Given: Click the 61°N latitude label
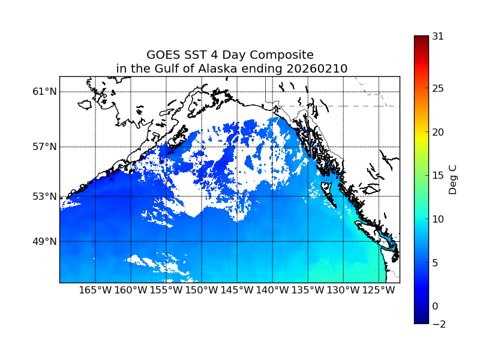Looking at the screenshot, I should (x=44, y=92).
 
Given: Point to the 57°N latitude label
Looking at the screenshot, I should (x=44, y=147).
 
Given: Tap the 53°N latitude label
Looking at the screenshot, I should (x=44, y=196).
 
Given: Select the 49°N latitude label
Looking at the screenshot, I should (x=44, y=241).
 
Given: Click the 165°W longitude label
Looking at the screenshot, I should (x=95, y=291).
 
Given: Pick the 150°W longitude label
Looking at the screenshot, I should (x=202, y=291).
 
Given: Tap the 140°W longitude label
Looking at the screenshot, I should (x=272, y=291).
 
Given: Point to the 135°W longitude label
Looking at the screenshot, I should (x=308, y=291).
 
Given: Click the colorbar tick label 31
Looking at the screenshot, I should (x=438, y=36).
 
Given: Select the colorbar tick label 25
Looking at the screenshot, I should (x=438, y=89).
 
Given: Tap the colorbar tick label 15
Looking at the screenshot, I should (x=438, y=176).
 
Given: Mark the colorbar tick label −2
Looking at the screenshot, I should (x=438, y=325).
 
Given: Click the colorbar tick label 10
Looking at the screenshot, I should (x=438, y=219).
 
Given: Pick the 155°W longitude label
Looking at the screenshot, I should (x=166, y=291).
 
